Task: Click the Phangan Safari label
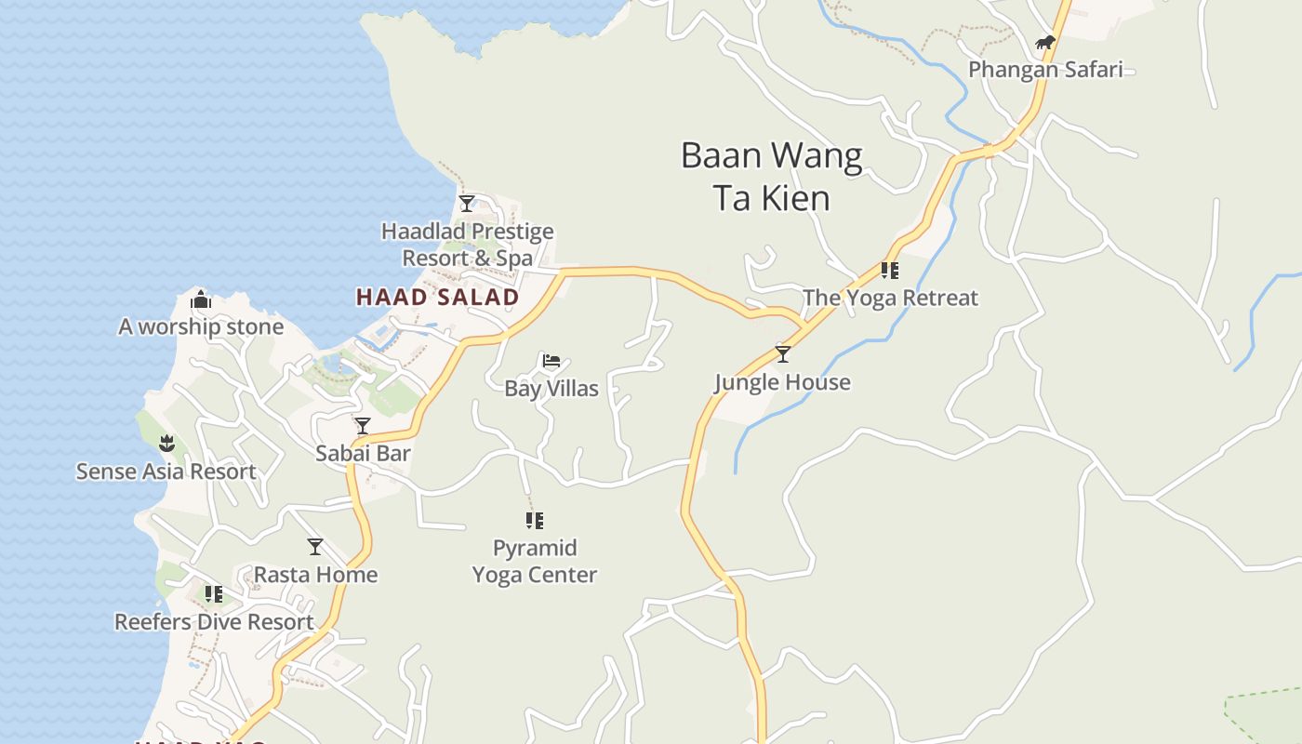click(1045, 70)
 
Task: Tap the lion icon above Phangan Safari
click(1045, 43)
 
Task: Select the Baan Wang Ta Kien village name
click(771, 176)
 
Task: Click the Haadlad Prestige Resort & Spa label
click(467, 245)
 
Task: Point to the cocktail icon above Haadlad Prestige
click(467, 203)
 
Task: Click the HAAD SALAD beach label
click(437, 298)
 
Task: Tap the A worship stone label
click(201, 327)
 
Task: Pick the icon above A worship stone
click(201, 300)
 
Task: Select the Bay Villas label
click(551, 389)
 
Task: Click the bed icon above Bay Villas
click(551, 361)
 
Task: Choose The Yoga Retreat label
click(890, 299)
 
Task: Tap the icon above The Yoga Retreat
click(890, 271)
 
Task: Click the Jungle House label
click(782, 382)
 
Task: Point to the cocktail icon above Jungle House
click(783, 354)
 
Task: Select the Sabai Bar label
click(363, 454)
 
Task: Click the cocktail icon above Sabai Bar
click(363, 426)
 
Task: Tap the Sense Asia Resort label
click(166, 472)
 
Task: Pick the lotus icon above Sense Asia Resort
click(166, 444)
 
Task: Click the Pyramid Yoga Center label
click(535, 562)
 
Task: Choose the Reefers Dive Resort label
click(214, 622)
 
